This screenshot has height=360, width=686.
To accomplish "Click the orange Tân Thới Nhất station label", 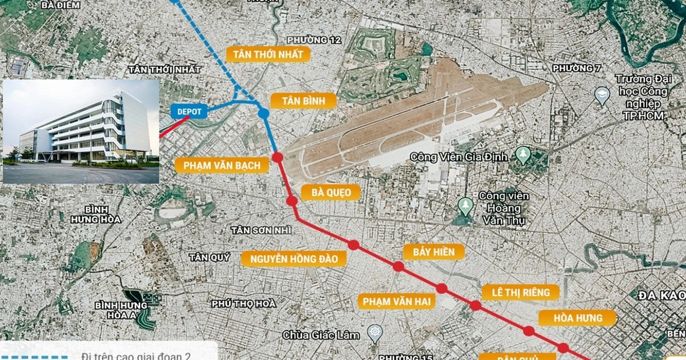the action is coord(269,54).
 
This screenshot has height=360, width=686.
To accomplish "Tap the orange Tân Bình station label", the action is coord(303,101).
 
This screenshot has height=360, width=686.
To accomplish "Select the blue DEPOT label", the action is coord(189,111).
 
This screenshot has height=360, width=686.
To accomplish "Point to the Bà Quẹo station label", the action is coord(331,192).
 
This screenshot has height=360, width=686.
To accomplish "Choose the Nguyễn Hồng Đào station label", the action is coord(294,259).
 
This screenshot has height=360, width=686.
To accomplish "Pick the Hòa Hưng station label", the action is coord(578,318).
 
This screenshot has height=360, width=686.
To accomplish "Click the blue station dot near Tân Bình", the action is coord(264,113).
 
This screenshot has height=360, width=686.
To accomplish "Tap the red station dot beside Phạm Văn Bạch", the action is coord(278,158).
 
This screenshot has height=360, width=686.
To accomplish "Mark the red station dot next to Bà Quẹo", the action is coord(292,201).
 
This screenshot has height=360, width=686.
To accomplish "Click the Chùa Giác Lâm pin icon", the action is coord(374,333).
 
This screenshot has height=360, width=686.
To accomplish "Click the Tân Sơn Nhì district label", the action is coord(261,230).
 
